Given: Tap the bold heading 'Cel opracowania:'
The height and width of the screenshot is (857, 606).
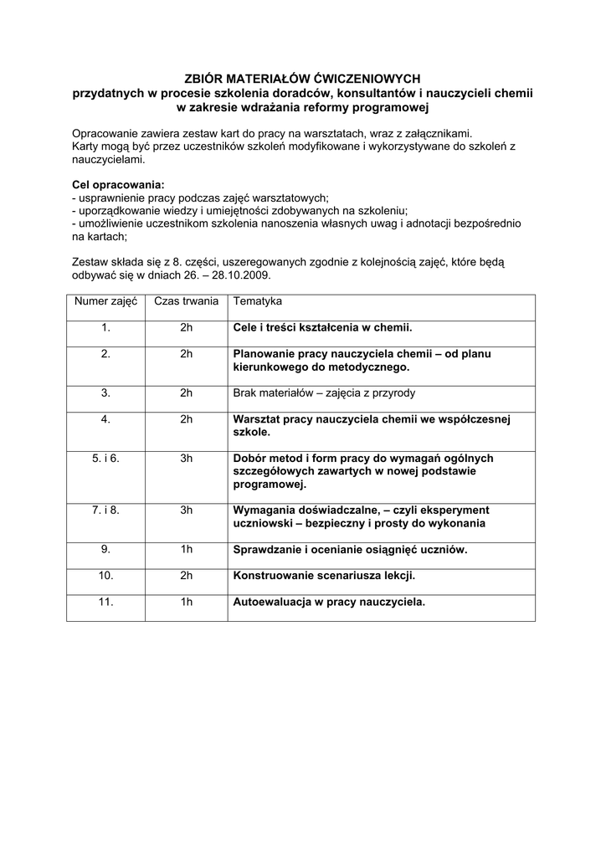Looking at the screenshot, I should click(x=118, y=184).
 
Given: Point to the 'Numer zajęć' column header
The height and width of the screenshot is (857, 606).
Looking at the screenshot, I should click(x=105, y=301).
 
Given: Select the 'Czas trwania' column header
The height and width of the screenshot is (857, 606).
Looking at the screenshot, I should click(x=186, y=301).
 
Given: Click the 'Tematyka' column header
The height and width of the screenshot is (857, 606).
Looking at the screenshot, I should click(x=258, y=301).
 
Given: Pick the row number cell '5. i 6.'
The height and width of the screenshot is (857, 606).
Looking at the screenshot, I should click(x=105, y=458).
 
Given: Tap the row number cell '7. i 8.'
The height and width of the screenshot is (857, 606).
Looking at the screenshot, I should click(x=105, y=510).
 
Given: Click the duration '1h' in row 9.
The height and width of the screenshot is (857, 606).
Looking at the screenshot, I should click(x=186, y=550).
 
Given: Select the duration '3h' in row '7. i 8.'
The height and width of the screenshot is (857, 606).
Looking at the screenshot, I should click(x=186, y=510).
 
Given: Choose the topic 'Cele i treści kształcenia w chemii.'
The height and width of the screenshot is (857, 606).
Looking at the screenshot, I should click(x=322, y=328).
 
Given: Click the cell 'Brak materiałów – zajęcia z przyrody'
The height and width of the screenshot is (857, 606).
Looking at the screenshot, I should click(x=323, y=393).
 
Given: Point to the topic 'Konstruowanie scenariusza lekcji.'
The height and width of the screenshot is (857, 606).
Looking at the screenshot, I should click(x=324, y=576).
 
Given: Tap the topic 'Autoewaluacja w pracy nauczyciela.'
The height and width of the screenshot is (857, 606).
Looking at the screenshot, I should click(x=329, y=601).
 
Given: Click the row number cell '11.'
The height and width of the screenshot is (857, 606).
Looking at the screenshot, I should click(x=105, y=601).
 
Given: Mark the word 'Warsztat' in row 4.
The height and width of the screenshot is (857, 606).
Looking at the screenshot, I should click(x=255, y=418).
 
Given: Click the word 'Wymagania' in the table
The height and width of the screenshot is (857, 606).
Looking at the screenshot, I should click(x=264, y=510).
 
